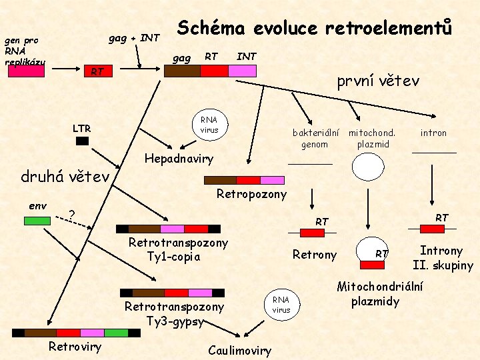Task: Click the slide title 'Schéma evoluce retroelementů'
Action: click(x=314, y=29)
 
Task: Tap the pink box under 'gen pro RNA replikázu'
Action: click(x=26, y=72)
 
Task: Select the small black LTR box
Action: click(x=82, y=141)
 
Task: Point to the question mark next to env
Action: click(x=71, y=215)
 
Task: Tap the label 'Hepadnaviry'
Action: click(x=179, y=159)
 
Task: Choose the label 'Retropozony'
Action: click(x=251, y=195)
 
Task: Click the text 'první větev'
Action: click(x=378, y=81)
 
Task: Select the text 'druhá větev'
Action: click(x=65, y=177)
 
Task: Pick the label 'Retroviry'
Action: click(x=75, y=346)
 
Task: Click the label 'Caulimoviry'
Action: click(x=239, y=351)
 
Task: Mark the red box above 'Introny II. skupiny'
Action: click(x=433, y=229)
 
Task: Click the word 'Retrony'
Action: click(x=315, y=254)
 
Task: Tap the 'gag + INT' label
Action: click(x=134, y=38)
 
